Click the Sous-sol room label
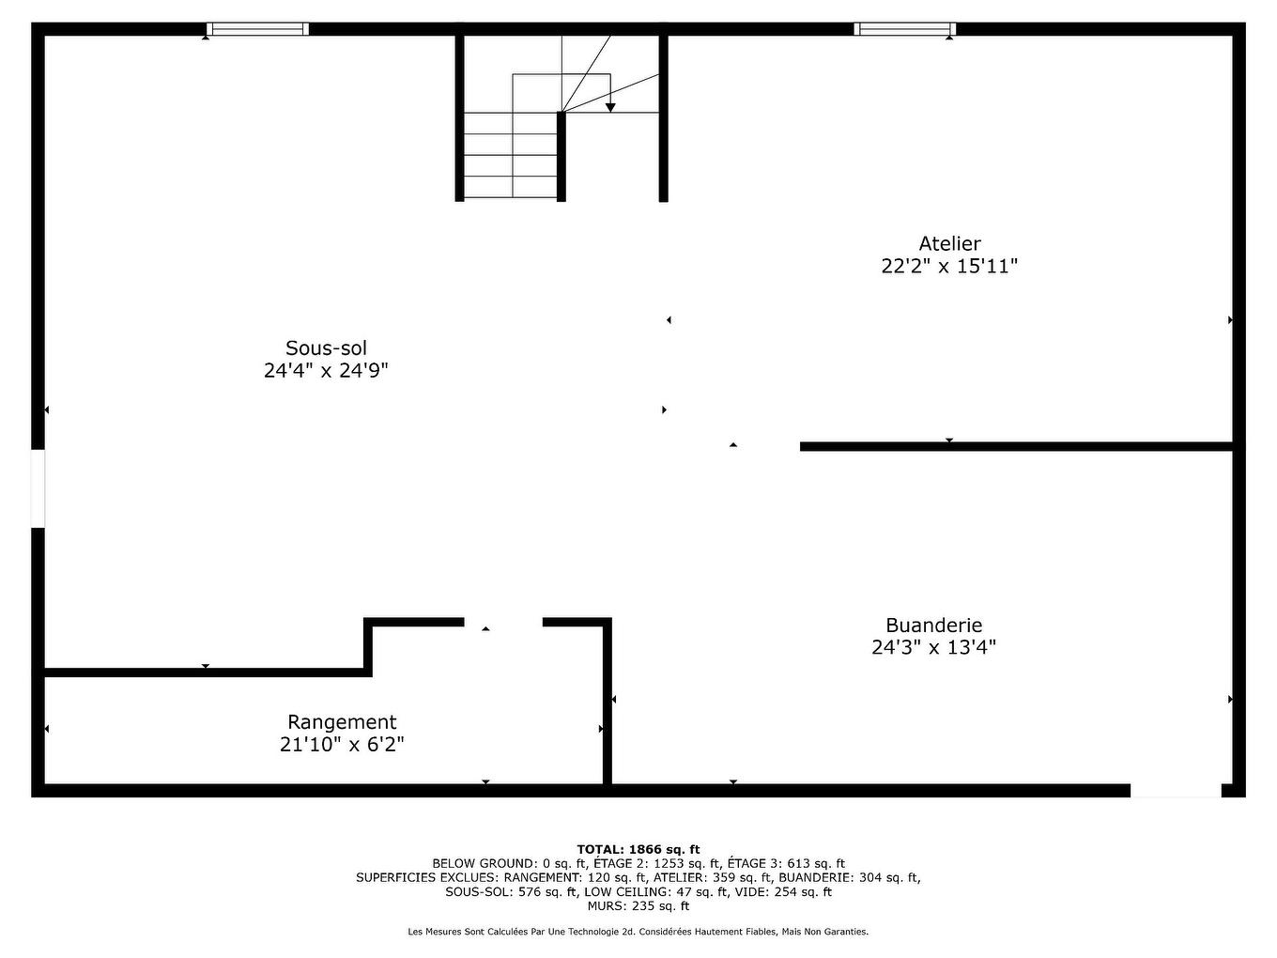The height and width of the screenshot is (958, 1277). point(326,348)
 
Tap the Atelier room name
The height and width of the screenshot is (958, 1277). point(949,243)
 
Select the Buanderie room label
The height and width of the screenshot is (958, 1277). point(933,625)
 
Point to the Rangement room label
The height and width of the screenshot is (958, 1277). point(342,722)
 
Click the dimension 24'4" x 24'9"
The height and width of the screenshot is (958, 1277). point(326,371)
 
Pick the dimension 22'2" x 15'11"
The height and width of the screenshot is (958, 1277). point(949,266)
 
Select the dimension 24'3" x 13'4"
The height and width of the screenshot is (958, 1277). point(933,647)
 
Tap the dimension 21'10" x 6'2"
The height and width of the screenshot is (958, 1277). point(342,745)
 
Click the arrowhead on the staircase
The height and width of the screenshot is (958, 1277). point(610,107)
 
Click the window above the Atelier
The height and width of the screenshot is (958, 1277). point(904,29)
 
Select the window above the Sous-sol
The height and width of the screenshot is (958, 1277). point(257,29)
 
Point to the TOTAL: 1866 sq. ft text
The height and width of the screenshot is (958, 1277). point(638,849)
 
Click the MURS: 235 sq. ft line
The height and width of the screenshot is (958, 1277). point(638,906)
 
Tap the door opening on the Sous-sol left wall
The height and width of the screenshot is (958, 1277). point(38,488)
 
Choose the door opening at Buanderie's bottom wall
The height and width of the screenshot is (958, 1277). point(1176,791)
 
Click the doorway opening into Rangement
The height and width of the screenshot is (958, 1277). point(503,622)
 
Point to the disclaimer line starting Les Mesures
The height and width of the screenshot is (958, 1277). point(638,932)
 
